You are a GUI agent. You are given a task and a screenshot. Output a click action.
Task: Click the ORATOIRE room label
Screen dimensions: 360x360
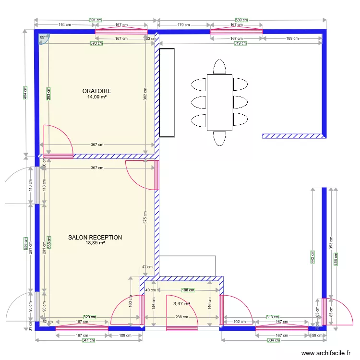pyautogui.click(x=96, y=91)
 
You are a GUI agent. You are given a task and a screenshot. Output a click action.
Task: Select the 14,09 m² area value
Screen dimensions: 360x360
pyautogui.click(x=96, y=97)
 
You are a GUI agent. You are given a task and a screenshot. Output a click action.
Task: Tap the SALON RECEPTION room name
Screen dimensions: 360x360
pyautogui.click(x=95, y=237)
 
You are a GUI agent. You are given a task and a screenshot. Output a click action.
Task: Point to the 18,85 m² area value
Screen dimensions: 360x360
pyautogui.click(x=95, y=243)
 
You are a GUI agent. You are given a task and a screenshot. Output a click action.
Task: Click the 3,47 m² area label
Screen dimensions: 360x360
pyautogui.click(x=181, y=304)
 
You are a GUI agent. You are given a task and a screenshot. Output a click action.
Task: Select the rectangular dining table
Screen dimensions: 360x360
pyautogui.click(x=219, y=103)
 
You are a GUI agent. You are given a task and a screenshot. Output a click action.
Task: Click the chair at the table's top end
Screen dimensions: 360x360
pyautogui.click(x=219, y=66)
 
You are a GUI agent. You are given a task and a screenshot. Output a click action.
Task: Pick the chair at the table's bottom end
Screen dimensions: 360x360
pyautogui.click(x=219, y=139)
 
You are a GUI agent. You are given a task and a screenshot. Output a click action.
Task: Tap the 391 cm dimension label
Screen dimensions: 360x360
pyautogui.click(x=96, y=20)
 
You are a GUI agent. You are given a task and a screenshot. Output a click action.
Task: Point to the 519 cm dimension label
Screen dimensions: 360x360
pyautogui.click(x=240, y=43)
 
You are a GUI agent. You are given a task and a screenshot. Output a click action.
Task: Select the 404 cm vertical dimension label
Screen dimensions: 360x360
pyautogui.click(x=25, y=93)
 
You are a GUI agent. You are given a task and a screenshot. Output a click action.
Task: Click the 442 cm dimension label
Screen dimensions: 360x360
pyautogui.click(x=312, y=257)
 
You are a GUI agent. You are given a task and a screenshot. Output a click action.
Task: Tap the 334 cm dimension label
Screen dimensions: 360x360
pyautogui.click(x=274, y=340)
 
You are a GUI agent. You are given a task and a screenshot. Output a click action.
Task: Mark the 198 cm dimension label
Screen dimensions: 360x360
pyautogui.click(x=188, y=290)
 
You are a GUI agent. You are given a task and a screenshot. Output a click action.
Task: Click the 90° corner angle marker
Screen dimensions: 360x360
pyautogui.click(x=42, y=37)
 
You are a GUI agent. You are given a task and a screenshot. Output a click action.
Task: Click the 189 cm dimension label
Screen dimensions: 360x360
pyautogui.click(x=292, y=38)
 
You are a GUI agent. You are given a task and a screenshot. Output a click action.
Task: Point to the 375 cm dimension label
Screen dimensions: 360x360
pyautogui.click(x=145, y=218)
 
